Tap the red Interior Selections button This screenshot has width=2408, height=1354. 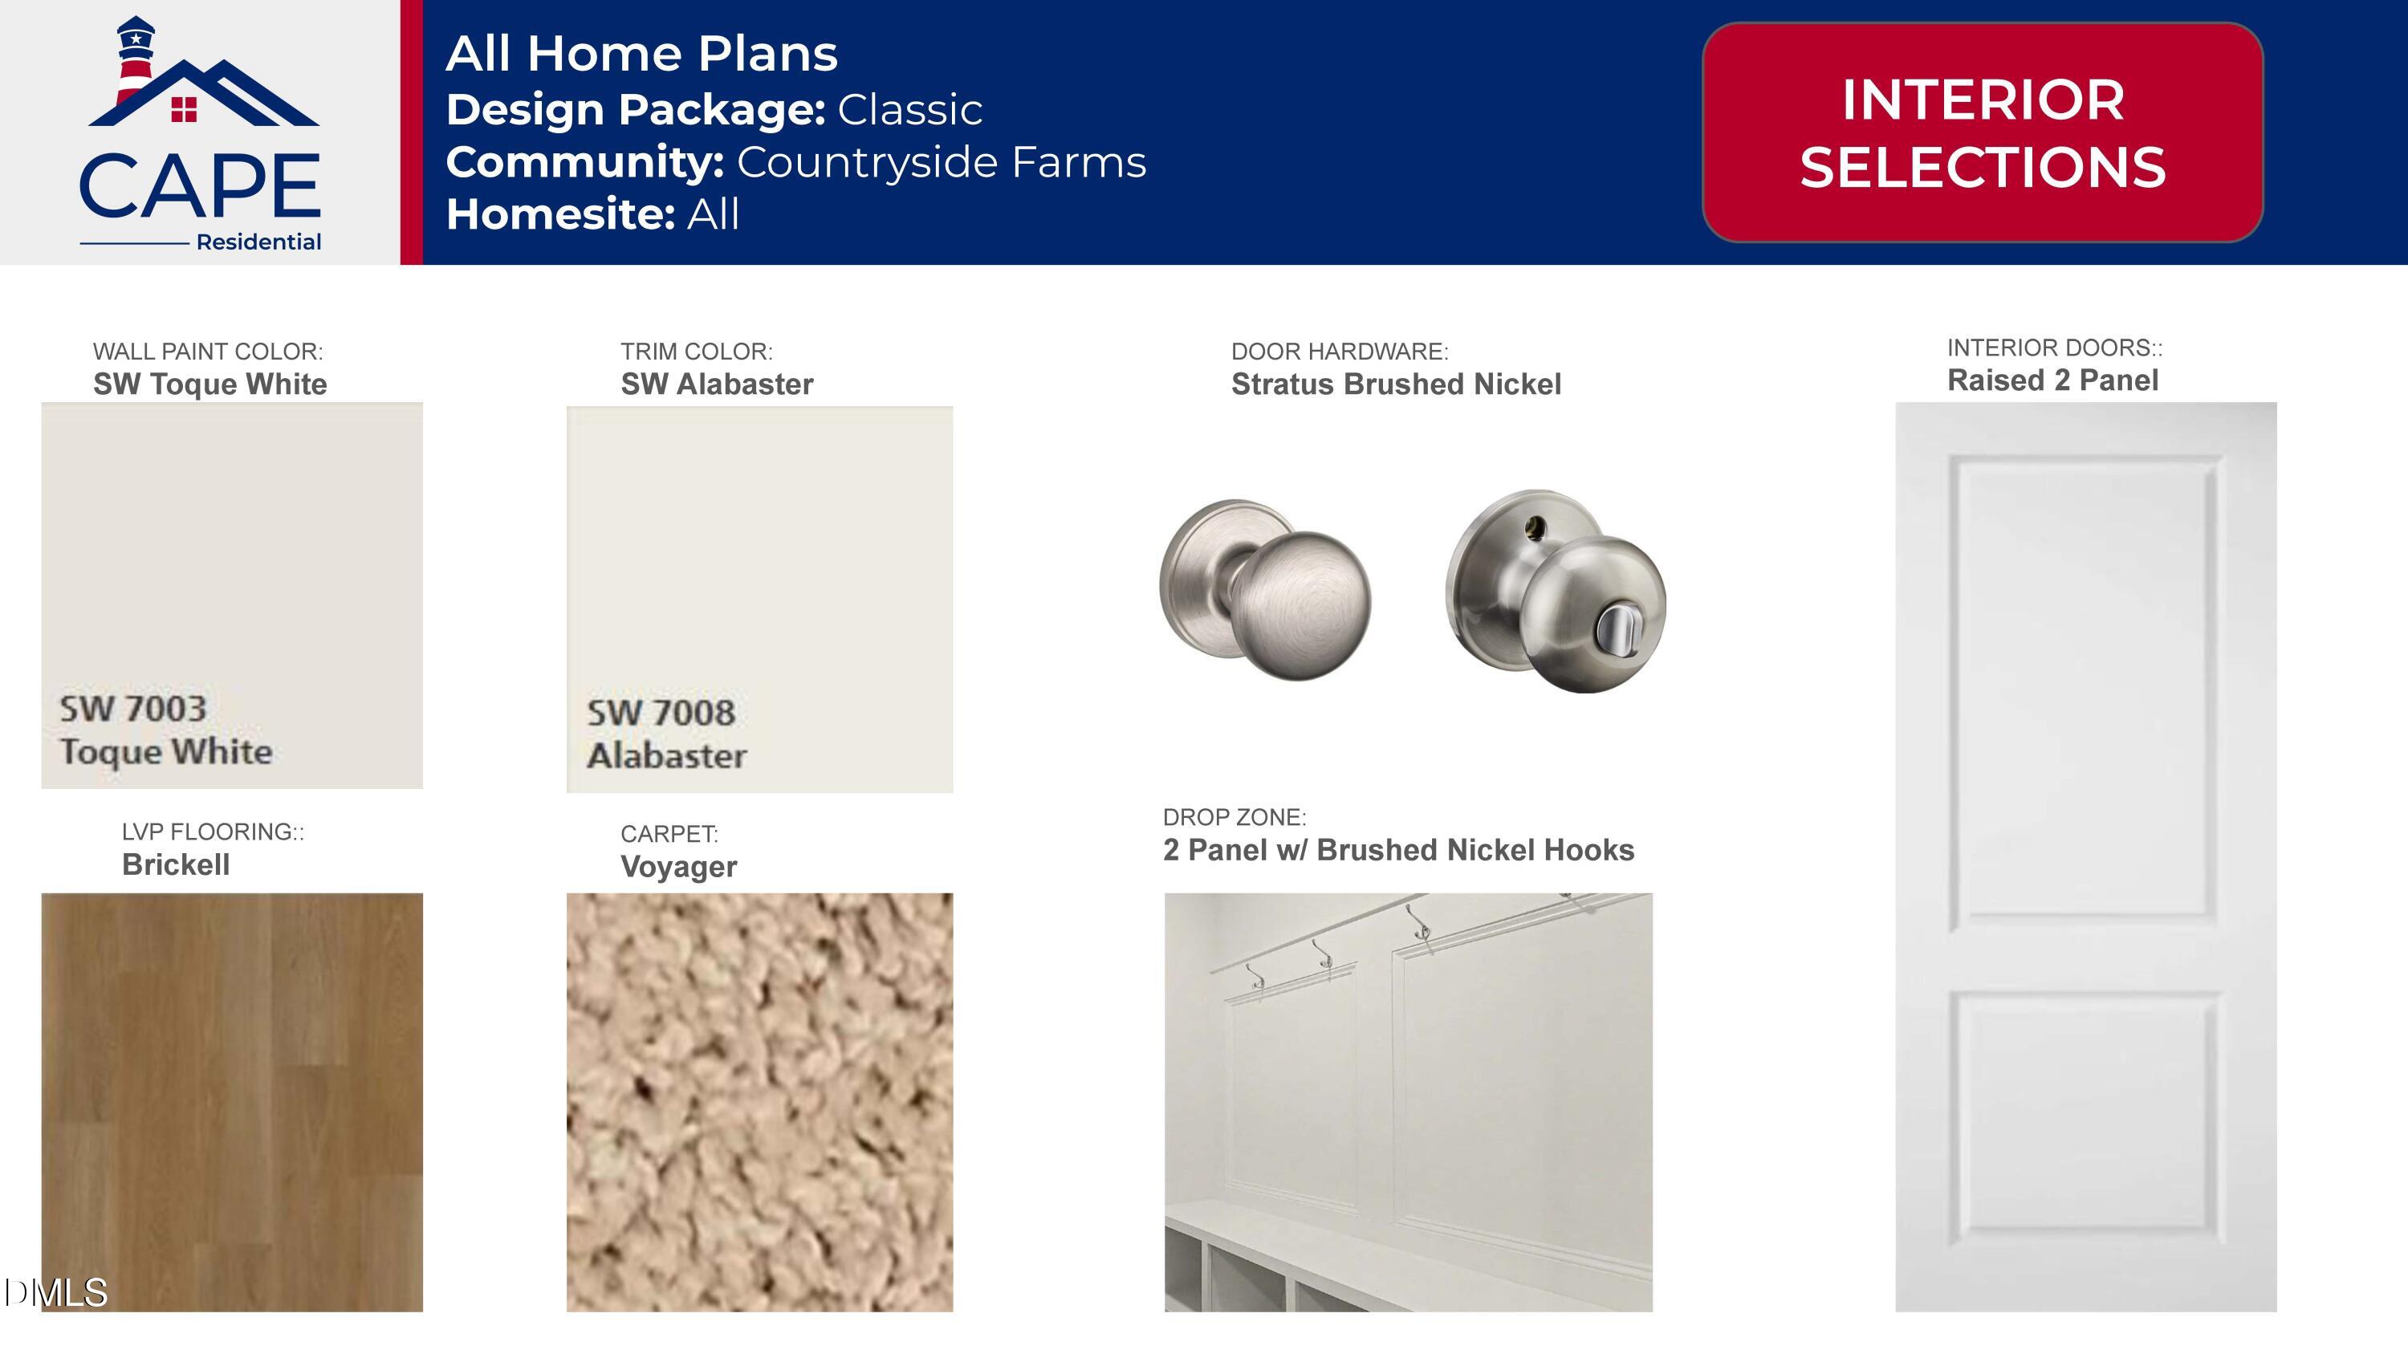pyautogui.click(x=1983, y=132)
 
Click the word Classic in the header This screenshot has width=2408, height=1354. pyautogui.click(x=909, y=109)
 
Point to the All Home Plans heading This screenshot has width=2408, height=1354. pyautogui.click(x=641, y=53)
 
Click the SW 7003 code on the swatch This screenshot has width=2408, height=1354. pyautogui.click(x=132, y=709)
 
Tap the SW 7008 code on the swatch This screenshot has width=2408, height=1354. pyautogui.click(x=661, y=713)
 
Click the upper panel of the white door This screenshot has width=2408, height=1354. pyautogui.click(x=2085, y=693)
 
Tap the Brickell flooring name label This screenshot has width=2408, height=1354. pyautogui.click(x=176, y=864)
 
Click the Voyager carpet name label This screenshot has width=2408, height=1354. pyautogui.click(x=678, y=867)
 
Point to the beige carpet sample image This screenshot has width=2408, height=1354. pyautogui.click(x=760, y=1103)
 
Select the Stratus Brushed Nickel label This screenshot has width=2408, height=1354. pyautogui.click(x=1396, y=384)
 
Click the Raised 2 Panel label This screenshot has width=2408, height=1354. pyautogui.click(x=2052, y=380)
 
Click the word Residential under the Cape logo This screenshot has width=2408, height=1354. pyautogui.click(x=259, y=242)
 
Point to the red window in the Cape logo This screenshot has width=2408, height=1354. pyautogui.click(x=184, y=109)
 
